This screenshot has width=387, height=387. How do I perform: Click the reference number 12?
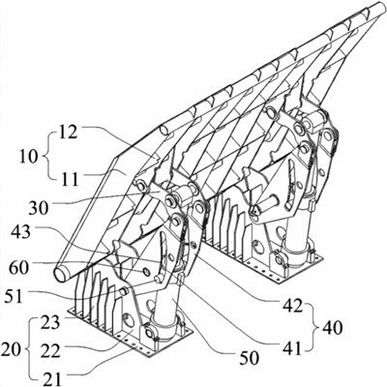[x=69, y=132]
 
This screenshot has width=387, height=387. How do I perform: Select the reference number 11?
[x=70, y=179]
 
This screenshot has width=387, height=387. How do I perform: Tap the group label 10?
[x=28, y=157]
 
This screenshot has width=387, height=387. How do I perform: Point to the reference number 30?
[x=39, y=208]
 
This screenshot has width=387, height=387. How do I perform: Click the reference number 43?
[x=20, y=231]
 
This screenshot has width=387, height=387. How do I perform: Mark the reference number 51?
[x=15, y=296]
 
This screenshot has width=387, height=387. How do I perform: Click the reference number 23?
[x=50, y=323]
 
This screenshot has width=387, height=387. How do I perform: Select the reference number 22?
[x=50, y=351]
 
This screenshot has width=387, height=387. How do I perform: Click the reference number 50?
[x=249, y=358]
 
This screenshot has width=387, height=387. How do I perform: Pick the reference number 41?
[x=292, y=348]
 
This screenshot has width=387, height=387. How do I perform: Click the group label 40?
[x=332, y=328]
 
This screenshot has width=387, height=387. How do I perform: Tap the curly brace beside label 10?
[x=45, y=157]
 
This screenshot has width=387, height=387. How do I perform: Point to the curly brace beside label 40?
[x=313, y=327]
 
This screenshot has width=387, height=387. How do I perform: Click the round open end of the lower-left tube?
[x=60, y=274]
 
